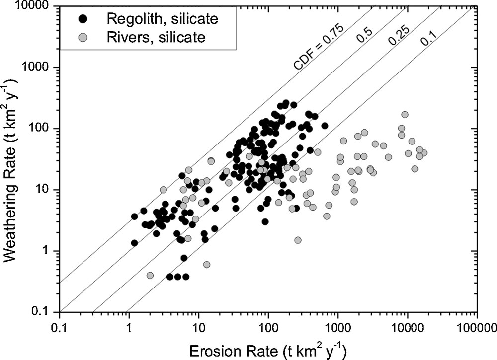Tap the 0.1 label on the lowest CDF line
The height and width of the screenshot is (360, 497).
(428, 40)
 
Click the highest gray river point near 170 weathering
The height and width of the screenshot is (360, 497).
(405, 115)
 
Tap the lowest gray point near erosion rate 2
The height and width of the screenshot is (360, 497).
(150, 275)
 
